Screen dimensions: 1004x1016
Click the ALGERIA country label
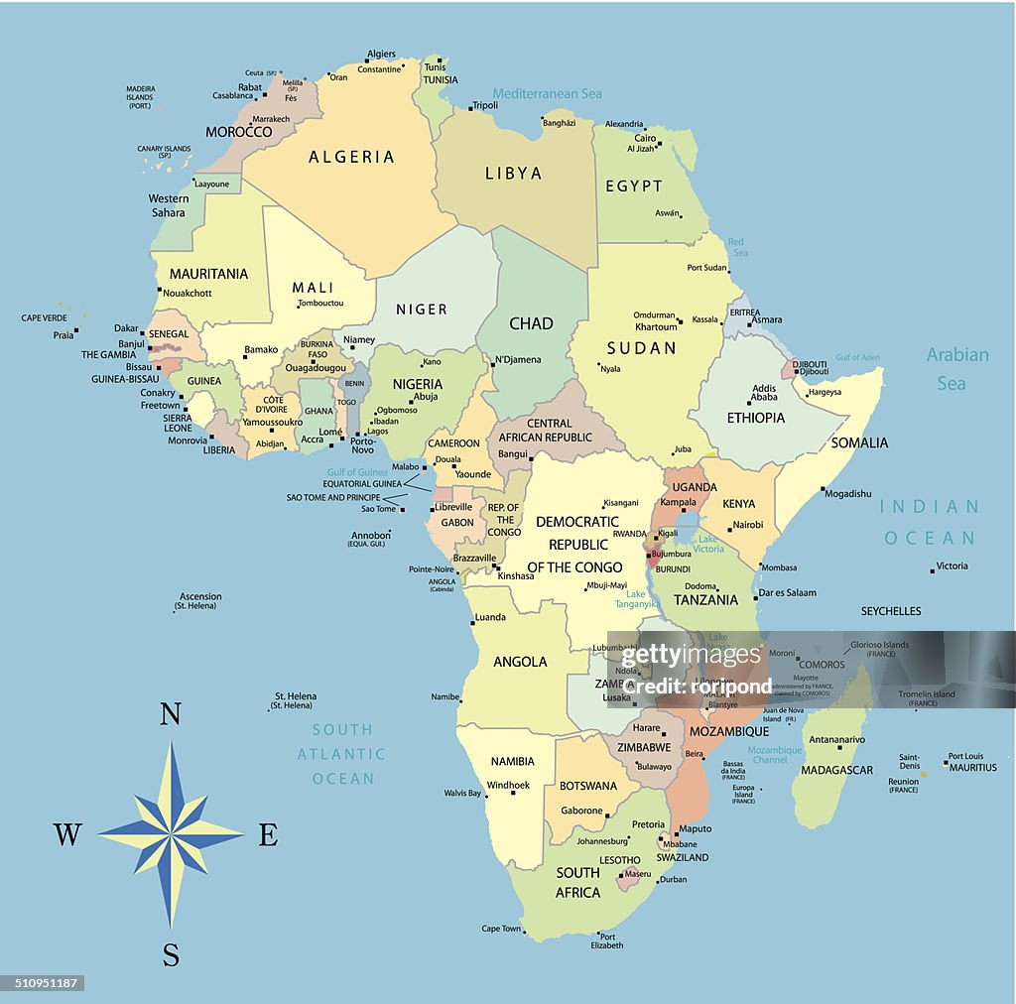tap(351, 157)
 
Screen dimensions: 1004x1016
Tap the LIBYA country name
tap(513, 174)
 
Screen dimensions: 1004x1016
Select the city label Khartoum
tap(656, 327)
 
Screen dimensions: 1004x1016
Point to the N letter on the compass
tap(171, 714)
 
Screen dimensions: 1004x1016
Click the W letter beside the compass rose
tap(66, 835)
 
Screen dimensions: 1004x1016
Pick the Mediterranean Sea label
tap(548, 94)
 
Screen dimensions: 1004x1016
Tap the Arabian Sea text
tap(956, 368)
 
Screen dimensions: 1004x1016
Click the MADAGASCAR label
tap(836, 771)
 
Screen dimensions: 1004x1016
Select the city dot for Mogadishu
tap(823, 489)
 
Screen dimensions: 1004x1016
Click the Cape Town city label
tap(501, 930)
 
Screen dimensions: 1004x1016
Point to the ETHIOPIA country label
tap(755, 418)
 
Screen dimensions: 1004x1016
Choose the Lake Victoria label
tap(708, 544)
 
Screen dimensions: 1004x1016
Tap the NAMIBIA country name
tap(512, 762)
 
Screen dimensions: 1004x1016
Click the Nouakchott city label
tap(188, 294)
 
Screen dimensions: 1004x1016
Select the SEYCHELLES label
tap(891, 611)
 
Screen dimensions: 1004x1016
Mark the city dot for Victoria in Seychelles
tap(933, 570)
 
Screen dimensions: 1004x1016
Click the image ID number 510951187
tap(42, 983)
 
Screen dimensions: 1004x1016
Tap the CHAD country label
tap(531, 323)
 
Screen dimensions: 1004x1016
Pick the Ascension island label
tap(200, 597)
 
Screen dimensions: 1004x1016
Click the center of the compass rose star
tap(171, 833)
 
